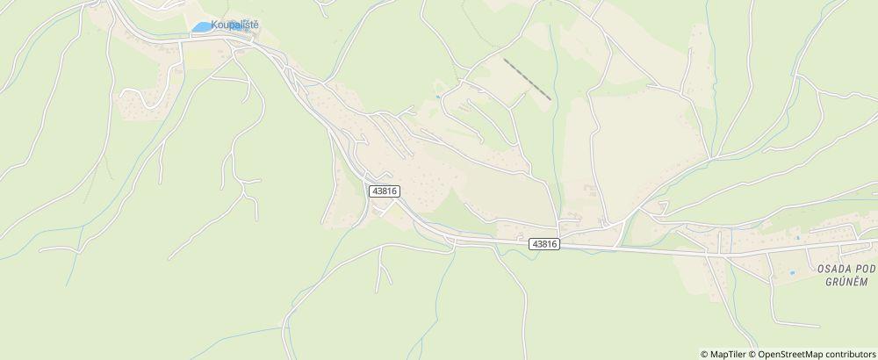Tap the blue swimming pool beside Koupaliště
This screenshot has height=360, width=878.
click(x=201, y=27)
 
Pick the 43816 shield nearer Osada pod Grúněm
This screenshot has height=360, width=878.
click(x=544, y=244)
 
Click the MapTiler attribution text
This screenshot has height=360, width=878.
click(x=730, y=353)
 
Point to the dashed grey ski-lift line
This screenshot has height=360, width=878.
click(x=527, y=79)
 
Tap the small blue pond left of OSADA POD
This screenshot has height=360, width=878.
click(x=792, y=273)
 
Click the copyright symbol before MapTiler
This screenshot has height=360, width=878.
click(x=704, y=353)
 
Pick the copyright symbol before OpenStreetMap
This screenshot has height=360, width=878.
click(x=752, y=353)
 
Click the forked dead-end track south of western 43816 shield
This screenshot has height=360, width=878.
click(x=380, y=268)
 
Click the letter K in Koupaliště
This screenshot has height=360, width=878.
click(x=214, y=25)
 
